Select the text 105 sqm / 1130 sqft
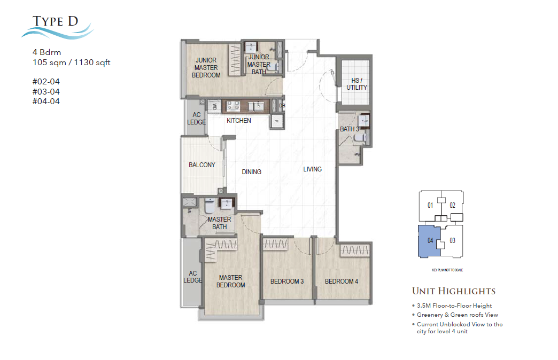pos(72,62)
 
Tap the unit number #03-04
pos(45,92)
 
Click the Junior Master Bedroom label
pos(206,68)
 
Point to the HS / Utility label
pos(356,84)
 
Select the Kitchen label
pos(238,121)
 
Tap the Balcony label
pos(201,165)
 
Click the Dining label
pos(251,172)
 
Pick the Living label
pos(312,169)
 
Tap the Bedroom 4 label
pos(341,281)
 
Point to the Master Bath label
pos(219,223)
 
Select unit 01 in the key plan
pos(429,205)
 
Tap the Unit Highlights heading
pos(453,292)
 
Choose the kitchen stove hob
pos(232,106)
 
